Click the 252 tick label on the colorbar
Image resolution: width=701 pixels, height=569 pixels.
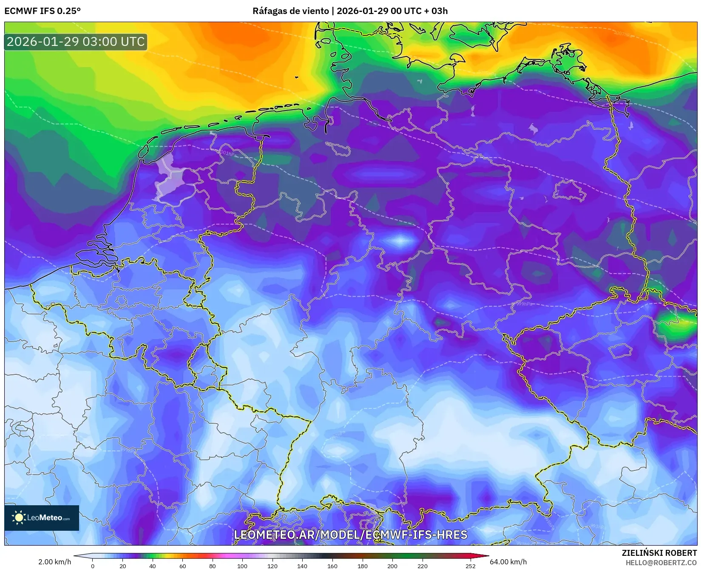pyautogui.click(x=470, y=566)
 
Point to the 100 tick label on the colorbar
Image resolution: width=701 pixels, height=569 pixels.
pyautogui.click(x=242, y=566)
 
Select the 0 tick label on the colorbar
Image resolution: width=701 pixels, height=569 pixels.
pyautogui.click(x=93, y=566)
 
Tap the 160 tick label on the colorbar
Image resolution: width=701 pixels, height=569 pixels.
pyautogui.click(x=332, y=566)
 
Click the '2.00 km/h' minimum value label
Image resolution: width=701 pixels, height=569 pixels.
pyautogui.click(x=55, y=562)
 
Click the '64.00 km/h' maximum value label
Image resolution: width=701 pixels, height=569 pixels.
pyautogui.click(x=508, y=562)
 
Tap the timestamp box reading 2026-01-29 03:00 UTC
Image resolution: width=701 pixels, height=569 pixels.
pyautogui.click(x=76, y=42)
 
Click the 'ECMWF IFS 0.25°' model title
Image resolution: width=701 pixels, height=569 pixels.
pyautogui.click(x=43, y=11)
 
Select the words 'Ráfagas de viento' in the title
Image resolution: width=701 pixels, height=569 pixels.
pyautogui.click(x=290, y=11)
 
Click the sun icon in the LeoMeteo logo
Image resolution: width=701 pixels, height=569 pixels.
pyautogui.click(x=19, y=517)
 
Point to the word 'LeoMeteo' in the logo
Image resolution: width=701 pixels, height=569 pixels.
pyautogui.click(x=44, y=518)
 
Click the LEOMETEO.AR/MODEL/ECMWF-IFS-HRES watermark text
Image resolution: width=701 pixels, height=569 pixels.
pyautogui.click(x=350, y=535)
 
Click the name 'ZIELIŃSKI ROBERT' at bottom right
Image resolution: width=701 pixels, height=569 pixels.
pyautogui.click(x=659, y=553)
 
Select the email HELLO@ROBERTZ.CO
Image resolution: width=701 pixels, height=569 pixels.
pyautogui.click(x=661, y=562)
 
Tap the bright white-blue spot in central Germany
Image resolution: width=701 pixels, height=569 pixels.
pyautogui.click(x=400, y=241)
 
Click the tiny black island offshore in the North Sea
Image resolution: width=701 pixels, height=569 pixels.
pyautogui.click(x=296, y=77)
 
